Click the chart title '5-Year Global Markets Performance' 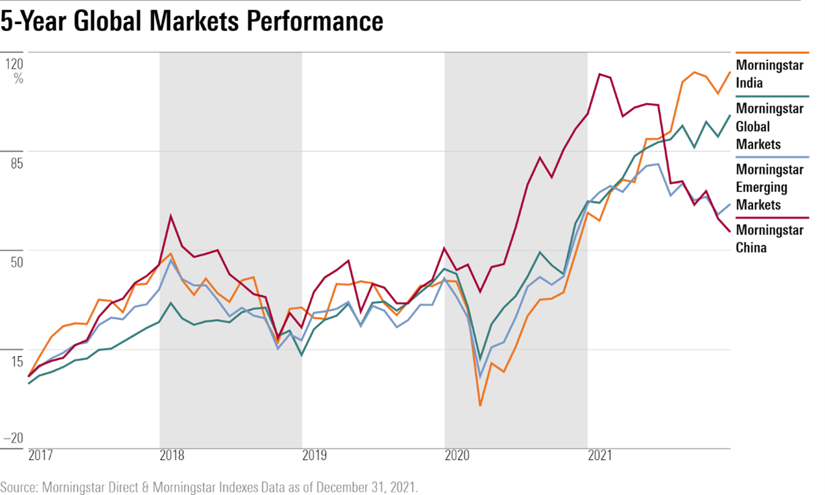tap(192, 22)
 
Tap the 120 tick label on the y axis tap(15, 64)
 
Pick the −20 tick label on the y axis tap(13, 438)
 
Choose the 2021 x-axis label tap(599, 456)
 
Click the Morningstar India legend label tap(769, 75)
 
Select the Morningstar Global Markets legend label tap(769, 126)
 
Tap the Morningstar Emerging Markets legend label tap(769, 187)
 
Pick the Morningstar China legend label tap(769, 238)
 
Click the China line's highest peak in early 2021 tap(599, 74)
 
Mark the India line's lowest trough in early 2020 tap(480, 406)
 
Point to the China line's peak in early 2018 tap(171, 216)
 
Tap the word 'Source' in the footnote tap(17, 487)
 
